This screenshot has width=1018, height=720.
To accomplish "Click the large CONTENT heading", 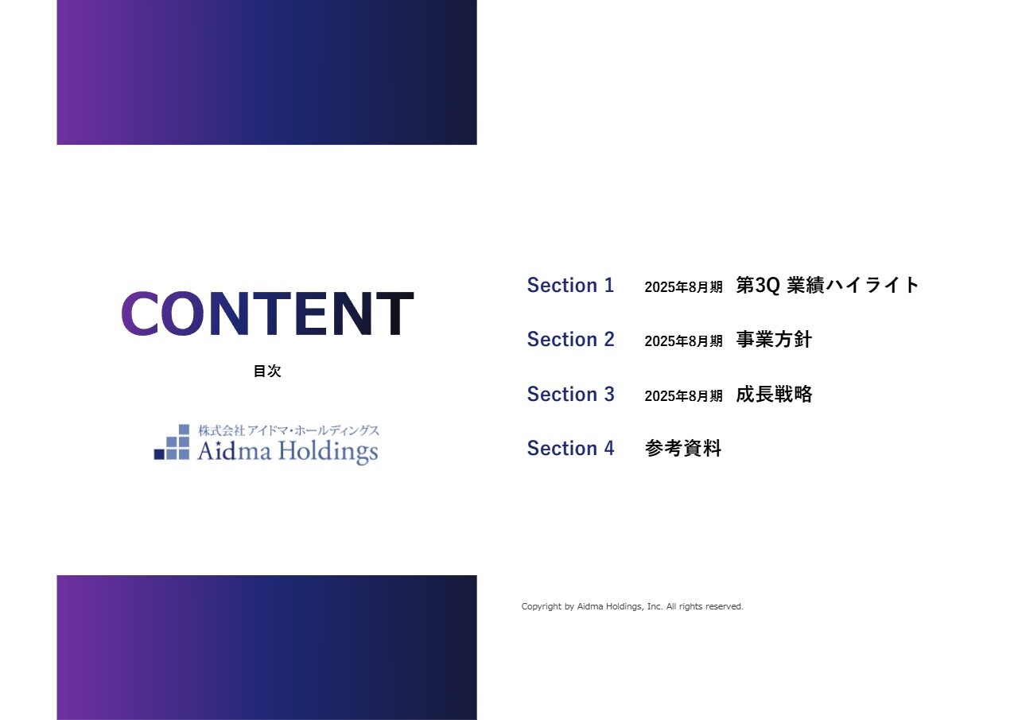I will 267,313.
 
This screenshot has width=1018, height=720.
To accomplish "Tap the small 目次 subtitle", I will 267,371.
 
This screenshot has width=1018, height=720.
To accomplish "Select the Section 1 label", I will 570,286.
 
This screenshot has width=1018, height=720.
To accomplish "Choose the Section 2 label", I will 570,340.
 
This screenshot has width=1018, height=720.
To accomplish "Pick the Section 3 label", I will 570,395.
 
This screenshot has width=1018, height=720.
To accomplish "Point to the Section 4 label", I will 570,449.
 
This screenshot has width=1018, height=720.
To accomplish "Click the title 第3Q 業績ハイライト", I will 827,286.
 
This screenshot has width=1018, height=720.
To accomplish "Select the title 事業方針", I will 774,340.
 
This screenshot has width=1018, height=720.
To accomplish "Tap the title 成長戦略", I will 774,395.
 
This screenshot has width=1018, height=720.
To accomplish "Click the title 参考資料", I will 683,449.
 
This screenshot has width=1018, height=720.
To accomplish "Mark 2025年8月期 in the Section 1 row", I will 683,287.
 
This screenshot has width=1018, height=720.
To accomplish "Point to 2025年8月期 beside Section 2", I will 683,341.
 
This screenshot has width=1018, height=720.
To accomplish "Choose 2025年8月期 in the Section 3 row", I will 683,396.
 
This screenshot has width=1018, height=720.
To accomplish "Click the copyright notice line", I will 632,606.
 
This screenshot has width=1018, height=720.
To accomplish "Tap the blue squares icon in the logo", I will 172,442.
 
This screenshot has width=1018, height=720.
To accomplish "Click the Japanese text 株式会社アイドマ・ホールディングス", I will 289,430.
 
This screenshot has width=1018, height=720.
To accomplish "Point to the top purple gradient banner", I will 266,72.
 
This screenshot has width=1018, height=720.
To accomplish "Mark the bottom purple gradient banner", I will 266,647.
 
